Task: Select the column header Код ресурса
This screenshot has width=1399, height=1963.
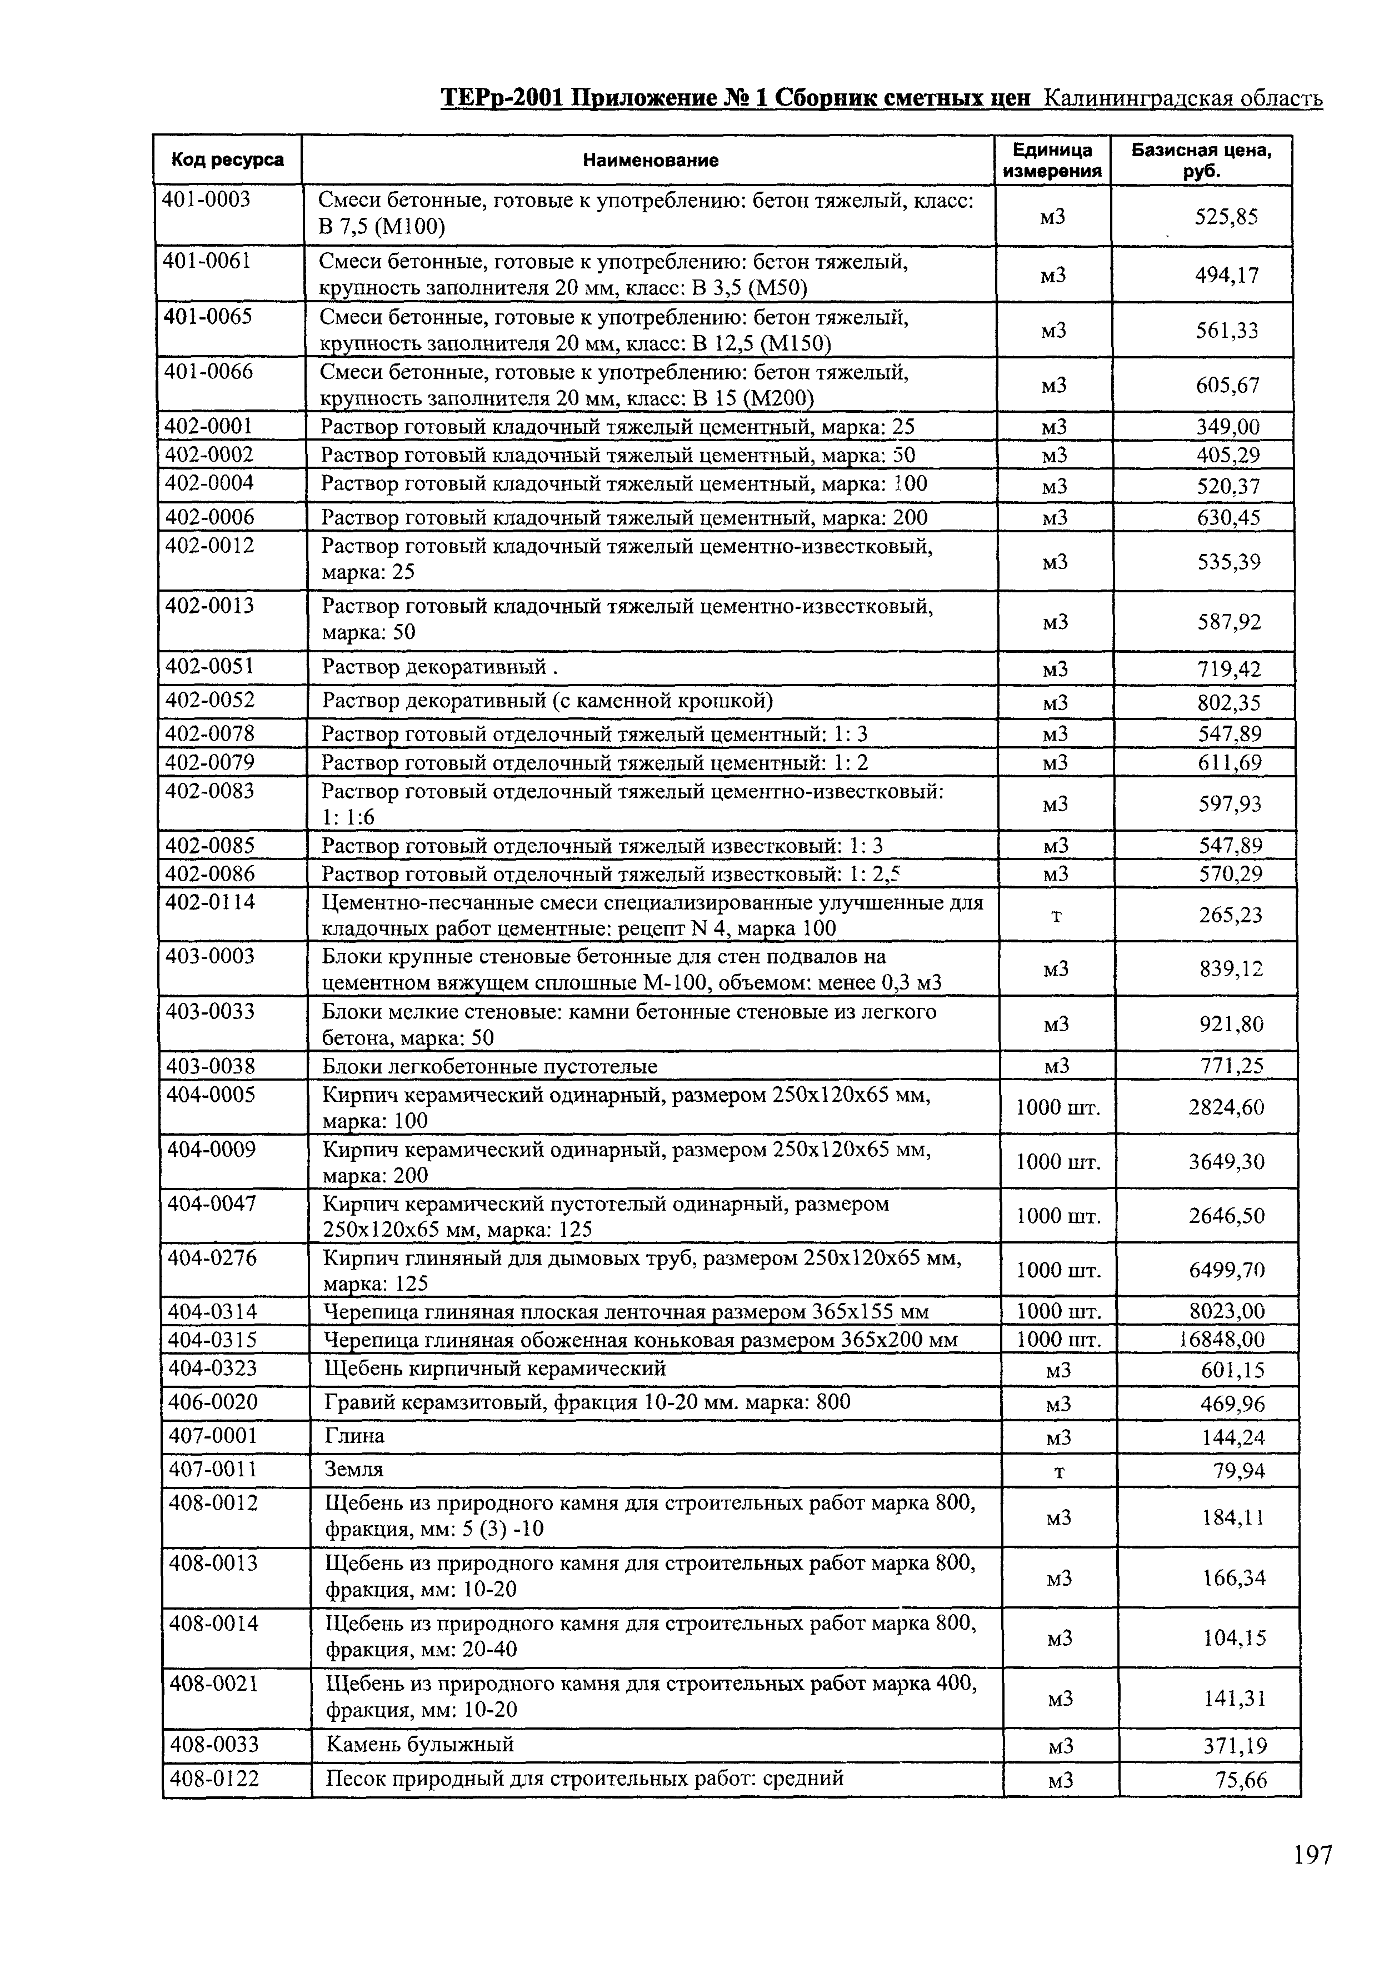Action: click(227, 159)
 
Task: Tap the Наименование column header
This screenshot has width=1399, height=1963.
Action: click(651, 160)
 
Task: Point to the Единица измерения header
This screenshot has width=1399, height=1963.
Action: click(1053, 160)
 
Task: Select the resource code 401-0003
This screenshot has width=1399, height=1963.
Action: click(207, 200)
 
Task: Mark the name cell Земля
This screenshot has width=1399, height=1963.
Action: click(354, 1470)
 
